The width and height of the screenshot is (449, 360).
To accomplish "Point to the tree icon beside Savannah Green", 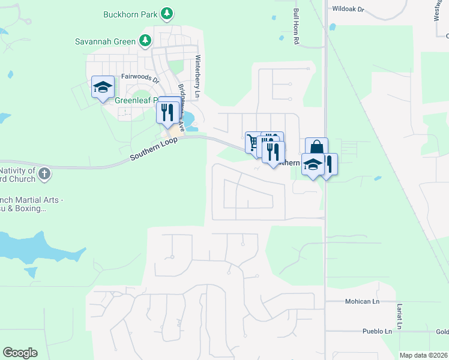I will click(144, 41).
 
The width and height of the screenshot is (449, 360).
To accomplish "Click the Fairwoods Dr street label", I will click(140, 77).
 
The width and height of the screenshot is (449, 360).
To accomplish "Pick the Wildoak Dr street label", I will click(348, 9).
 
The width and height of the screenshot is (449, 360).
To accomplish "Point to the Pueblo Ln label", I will click(377, 331).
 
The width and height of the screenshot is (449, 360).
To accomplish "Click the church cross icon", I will click(43, 174).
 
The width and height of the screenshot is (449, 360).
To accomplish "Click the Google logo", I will click(20, 353).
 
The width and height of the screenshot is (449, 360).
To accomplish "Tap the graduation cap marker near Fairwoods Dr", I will click(103, 88).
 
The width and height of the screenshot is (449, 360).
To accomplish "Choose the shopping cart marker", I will click(253, 143).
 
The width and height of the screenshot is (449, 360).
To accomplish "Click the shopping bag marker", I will click(316, 148).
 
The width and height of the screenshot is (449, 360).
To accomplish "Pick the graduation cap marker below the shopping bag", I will click(313, 165).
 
